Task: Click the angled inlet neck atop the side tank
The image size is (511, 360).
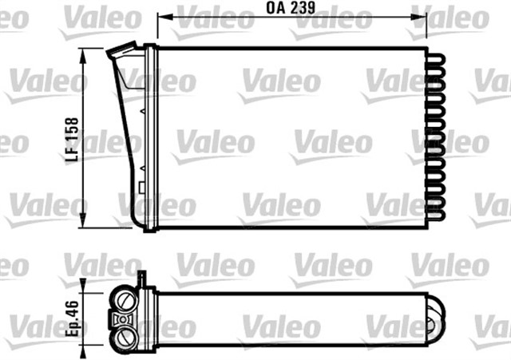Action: coord(121,53)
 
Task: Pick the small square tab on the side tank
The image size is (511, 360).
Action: coord(140,189)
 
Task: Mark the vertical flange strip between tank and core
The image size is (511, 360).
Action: coord(150,136)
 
